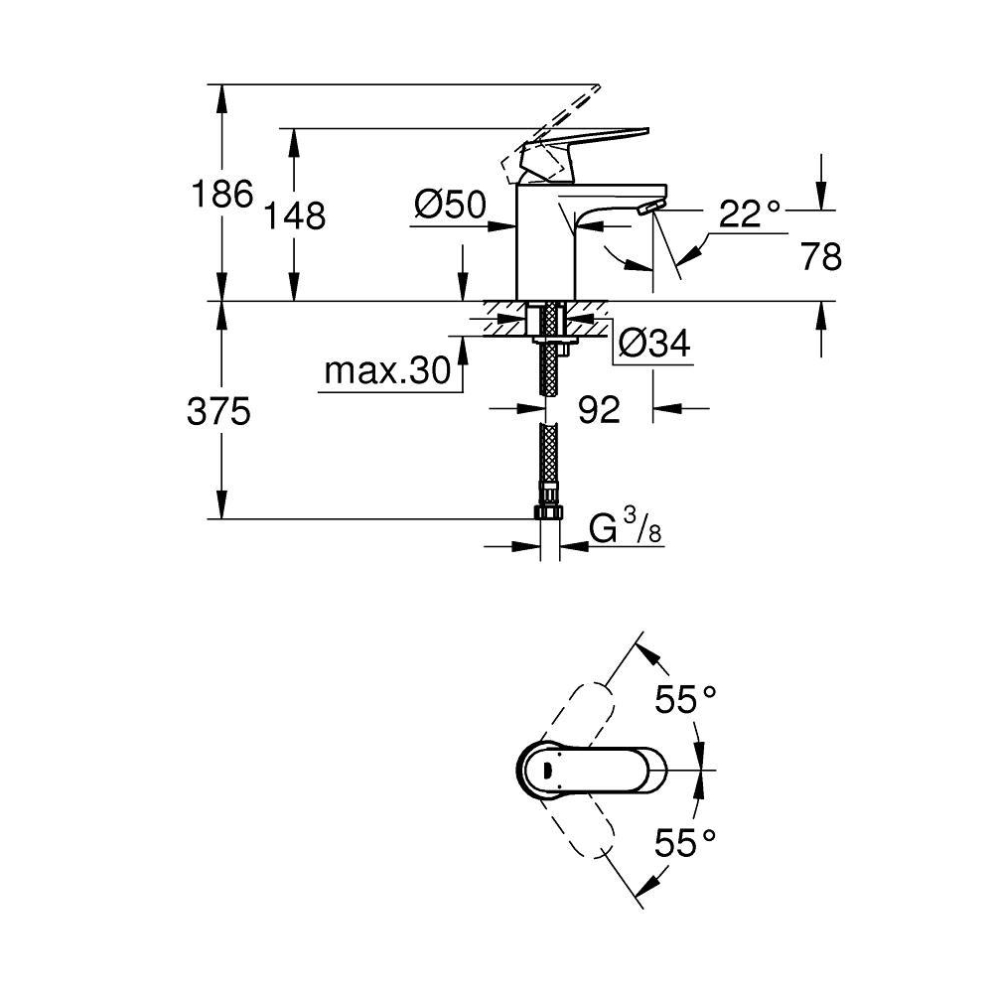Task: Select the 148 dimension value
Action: click(x=295, y=214)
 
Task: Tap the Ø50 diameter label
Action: click(x=450, y=206)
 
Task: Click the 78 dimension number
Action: click(x=820, y=257)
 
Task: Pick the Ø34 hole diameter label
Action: click(x=653, y=344)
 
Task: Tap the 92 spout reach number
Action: click(x=599, y=409)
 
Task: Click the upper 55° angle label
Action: click(x=685, y=701)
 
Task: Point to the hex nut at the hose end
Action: click(x=548, y=511)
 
